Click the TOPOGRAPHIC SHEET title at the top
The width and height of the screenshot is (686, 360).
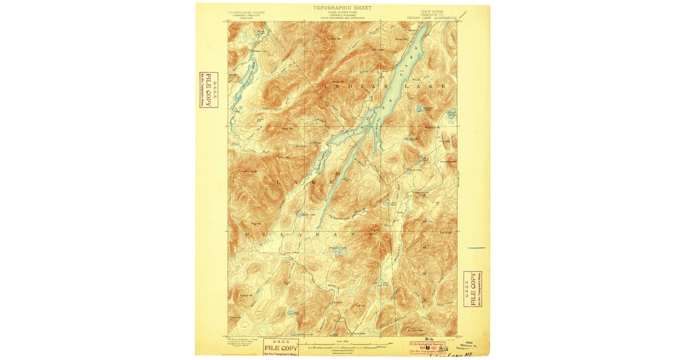click(342, 8)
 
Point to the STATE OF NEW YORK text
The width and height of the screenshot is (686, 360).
click(342, 13)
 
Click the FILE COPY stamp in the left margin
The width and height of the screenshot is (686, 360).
click(208, 90)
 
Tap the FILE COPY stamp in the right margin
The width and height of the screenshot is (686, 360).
click(472, 289)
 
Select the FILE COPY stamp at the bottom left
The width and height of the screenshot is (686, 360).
click(281, 347)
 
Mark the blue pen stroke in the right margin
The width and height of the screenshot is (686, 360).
click(476, 248)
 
